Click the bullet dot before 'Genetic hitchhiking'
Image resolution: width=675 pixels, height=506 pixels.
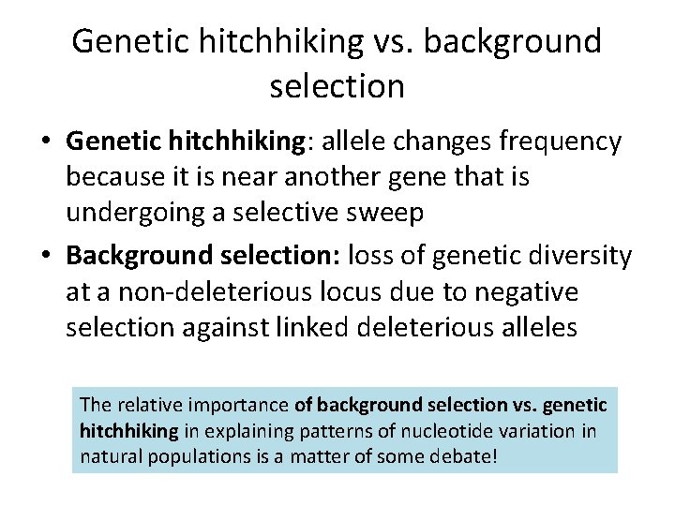pos(45,142)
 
